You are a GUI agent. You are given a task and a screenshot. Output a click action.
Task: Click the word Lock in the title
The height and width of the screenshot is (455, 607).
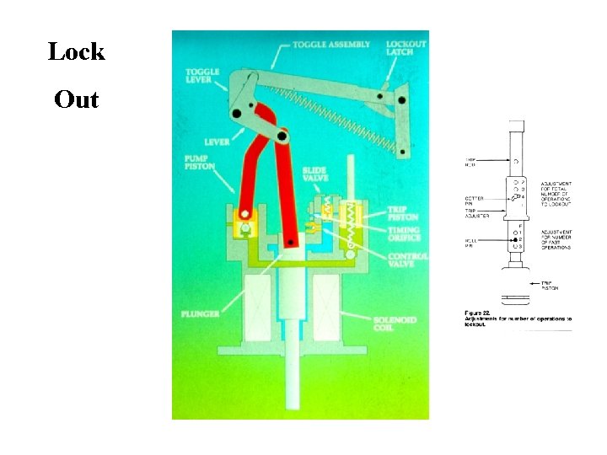coord(77,51)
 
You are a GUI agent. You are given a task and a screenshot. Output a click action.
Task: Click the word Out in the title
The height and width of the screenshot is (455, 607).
coord(77,100)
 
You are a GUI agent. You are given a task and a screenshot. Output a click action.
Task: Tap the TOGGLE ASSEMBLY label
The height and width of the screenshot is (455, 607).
coord(331,44)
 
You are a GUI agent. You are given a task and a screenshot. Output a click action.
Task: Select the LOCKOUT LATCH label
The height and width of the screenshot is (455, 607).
coord(406,48)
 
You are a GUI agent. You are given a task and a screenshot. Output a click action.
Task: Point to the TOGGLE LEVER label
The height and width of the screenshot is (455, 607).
coord(202,77)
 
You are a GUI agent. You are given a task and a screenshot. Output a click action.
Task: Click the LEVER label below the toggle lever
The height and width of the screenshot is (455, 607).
coord(217,142)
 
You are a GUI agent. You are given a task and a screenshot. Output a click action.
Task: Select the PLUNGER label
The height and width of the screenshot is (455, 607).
coord(199,314)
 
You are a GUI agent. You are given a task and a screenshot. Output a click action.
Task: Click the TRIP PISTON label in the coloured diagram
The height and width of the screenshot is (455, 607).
coord(403,213)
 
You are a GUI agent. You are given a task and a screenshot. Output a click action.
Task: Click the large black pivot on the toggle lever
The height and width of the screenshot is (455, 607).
coord(239,113)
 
